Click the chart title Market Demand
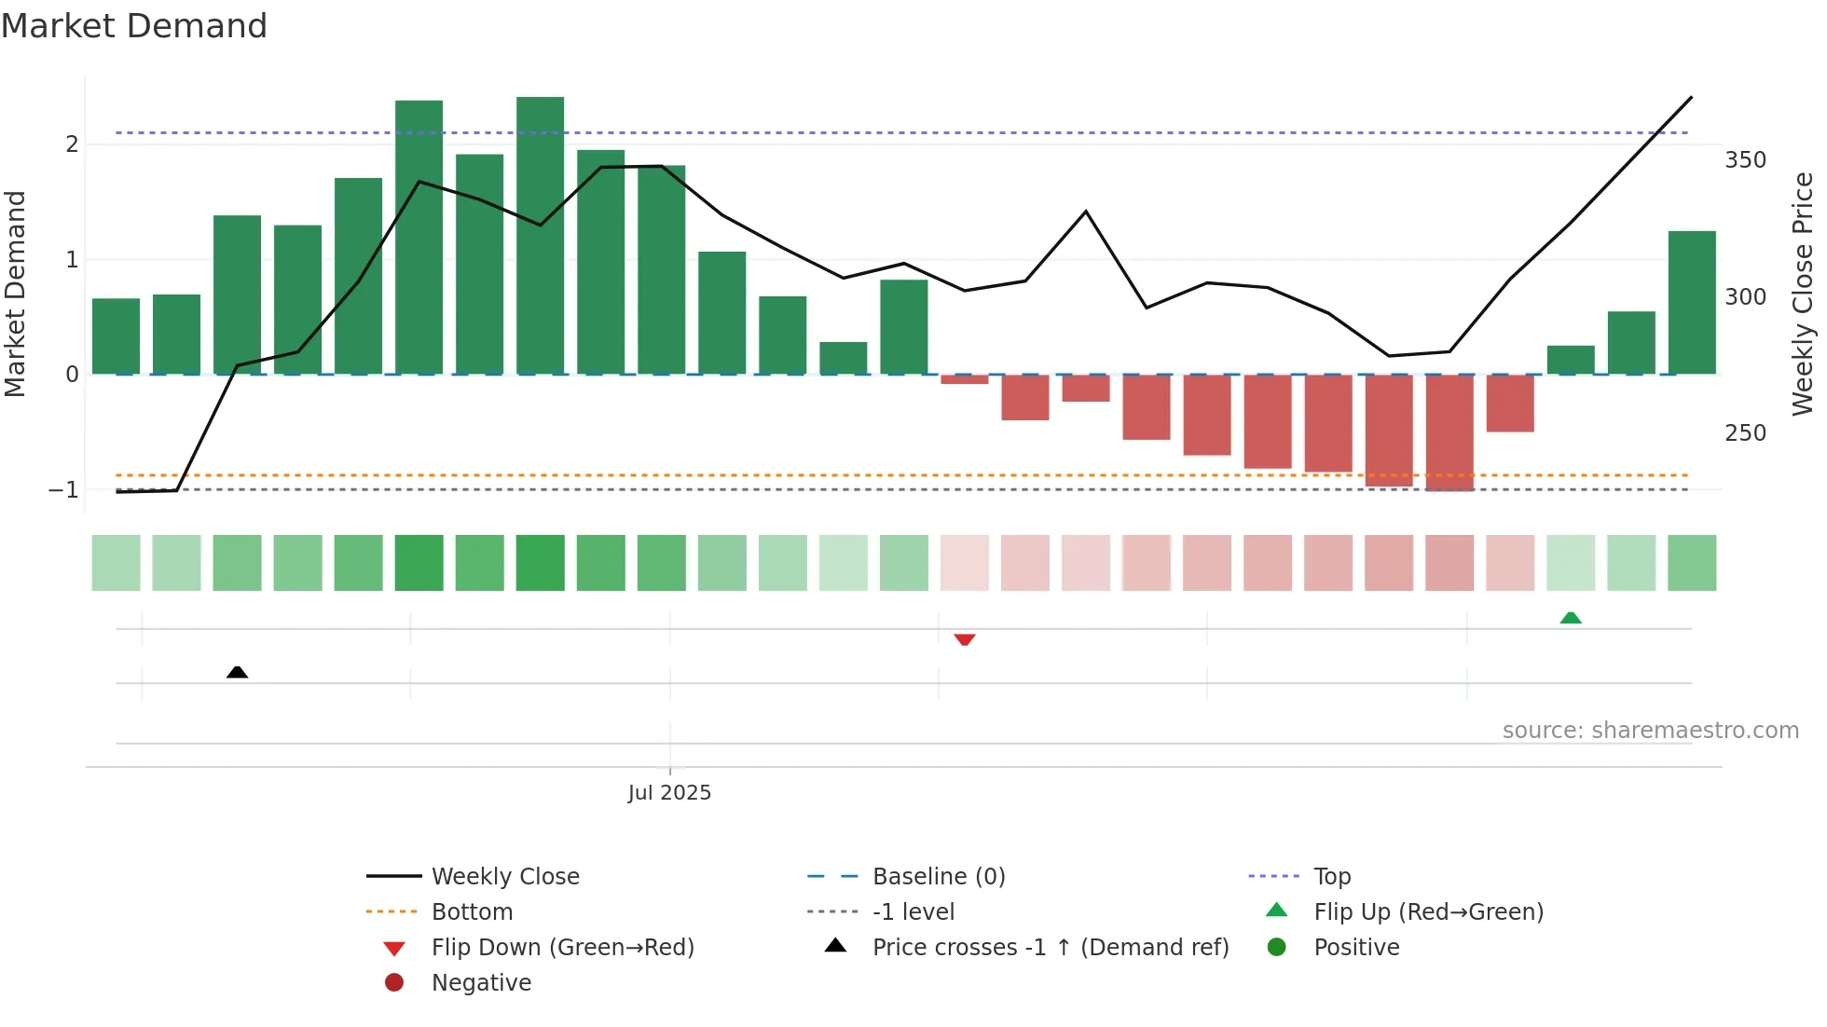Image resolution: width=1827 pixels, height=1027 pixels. [134, 26]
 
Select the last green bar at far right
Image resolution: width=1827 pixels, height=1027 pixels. [1691, 303]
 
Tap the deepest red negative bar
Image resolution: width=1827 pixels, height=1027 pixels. [1449, 431]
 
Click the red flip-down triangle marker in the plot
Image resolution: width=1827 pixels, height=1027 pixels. [964, 639]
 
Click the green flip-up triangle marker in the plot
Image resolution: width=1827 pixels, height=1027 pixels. [1570, 618]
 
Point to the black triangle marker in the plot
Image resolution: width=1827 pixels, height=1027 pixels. [237, 672]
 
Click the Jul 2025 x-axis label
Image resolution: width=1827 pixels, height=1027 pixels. [669, 792]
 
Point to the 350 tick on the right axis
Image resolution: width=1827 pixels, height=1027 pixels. [1744, 160]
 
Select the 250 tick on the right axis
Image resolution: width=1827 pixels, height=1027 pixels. [1744, 433]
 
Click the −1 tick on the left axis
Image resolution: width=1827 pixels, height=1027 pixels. [63, 490]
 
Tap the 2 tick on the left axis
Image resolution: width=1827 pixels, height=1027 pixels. [72, 144]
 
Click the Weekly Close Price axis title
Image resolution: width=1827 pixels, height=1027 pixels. [1802, 294]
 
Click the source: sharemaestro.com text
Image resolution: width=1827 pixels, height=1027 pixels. [1650, 731]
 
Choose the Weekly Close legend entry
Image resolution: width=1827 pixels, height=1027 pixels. [504, 877]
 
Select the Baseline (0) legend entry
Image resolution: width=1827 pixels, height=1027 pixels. [938, 877]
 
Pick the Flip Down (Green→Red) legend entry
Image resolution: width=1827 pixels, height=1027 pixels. [562, 948]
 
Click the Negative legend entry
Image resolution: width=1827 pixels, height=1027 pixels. [481, 983]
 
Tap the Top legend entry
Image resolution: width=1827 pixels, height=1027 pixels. [1331, 877]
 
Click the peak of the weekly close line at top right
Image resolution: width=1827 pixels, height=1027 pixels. [1690, 98]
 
